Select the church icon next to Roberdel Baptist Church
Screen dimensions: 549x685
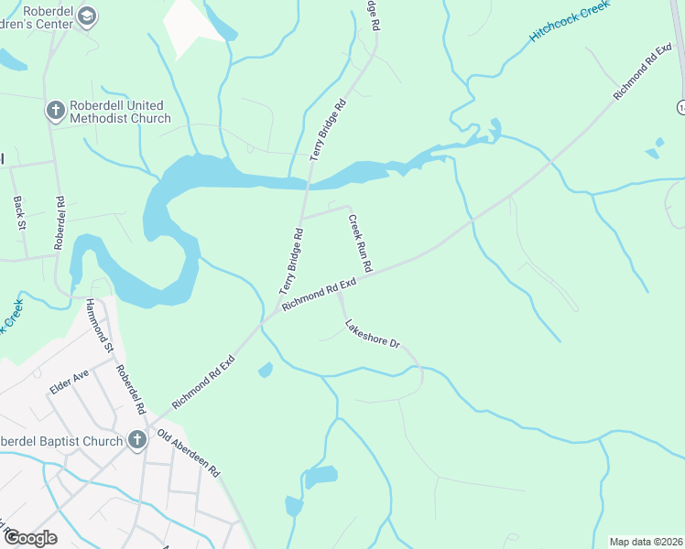(137, 441)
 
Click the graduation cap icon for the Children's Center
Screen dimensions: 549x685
(87, 16)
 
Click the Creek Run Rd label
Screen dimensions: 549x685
(360, 243)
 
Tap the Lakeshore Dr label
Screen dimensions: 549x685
(373, 334)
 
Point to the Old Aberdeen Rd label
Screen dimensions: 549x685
(189, 453)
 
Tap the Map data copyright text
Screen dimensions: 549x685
(645, 542)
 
